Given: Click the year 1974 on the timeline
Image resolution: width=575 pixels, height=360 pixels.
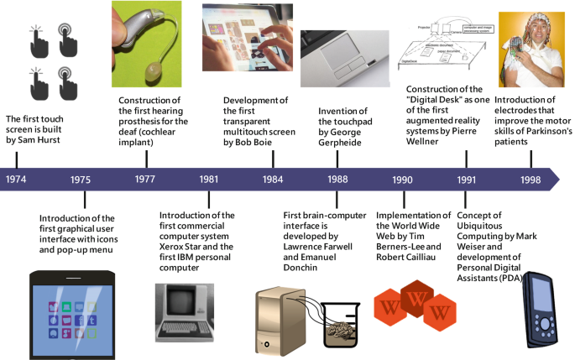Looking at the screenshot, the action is tap(16, 180).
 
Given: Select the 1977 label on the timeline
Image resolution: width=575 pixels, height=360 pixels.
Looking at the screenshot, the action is tap(144, 180).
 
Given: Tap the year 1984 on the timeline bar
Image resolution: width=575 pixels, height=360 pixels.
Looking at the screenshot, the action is tap(272, 180).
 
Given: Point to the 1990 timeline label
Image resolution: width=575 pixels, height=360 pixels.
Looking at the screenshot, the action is tap(402, 180).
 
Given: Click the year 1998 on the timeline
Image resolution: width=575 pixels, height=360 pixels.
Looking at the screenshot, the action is tap(531, 180).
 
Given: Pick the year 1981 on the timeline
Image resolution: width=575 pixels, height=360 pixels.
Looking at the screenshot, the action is tap(210, 180).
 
